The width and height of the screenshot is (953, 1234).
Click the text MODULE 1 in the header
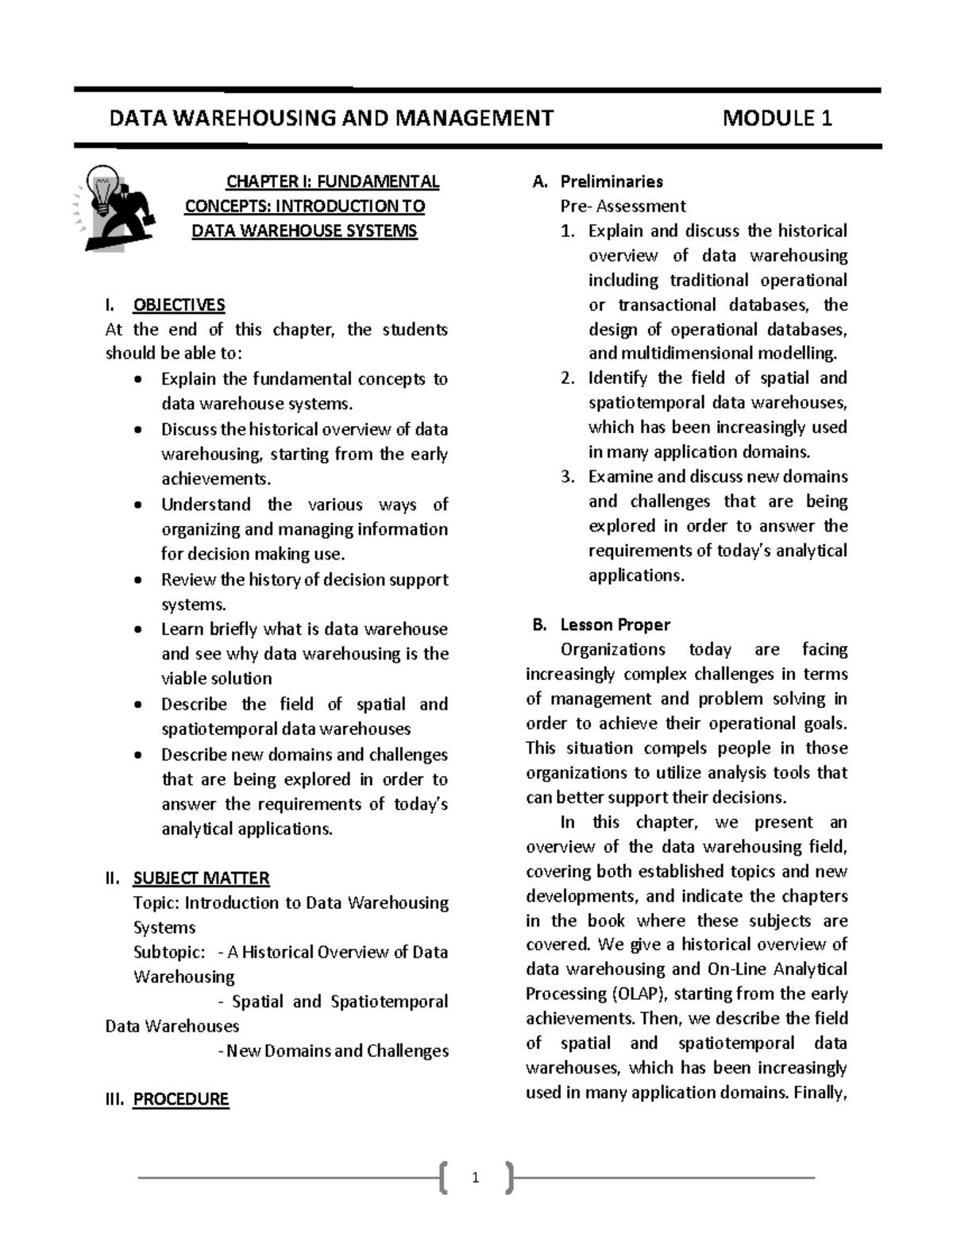[777, 119]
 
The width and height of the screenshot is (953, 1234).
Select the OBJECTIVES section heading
[179, 305]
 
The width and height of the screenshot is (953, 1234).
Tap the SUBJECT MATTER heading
[201, 878]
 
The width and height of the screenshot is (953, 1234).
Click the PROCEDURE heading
[180, 1100]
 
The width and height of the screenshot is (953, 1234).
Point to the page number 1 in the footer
[476, 1178]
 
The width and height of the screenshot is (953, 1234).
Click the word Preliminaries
[611, 182]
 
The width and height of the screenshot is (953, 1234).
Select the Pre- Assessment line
[622, 207]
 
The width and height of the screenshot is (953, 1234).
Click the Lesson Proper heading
[615, 625]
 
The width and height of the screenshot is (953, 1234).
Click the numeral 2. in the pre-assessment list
[567, 378]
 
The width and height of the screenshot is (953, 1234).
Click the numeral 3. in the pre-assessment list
[567, 477]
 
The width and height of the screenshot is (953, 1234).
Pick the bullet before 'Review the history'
[139, 581]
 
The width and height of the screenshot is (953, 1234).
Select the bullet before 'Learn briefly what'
[139, 630]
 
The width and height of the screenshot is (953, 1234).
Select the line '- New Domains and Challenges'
[332, 1051]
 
